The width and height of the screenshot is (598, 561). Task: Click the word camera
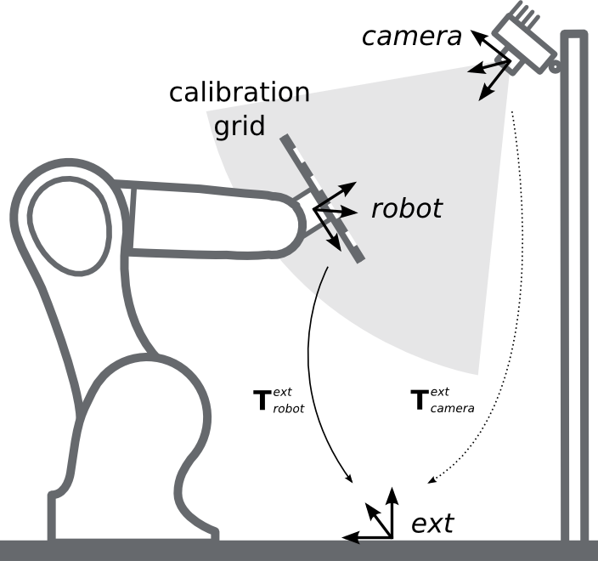(411, 36)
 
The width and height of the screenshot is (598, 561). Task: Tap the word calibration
(240, 93)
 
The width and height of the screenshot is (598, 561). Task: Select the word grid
(240, 126)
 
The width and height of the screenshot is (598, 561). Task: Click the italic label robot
(406, 209)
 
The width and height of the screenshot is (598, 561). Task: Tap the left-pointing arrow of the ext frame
(361, 537)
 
